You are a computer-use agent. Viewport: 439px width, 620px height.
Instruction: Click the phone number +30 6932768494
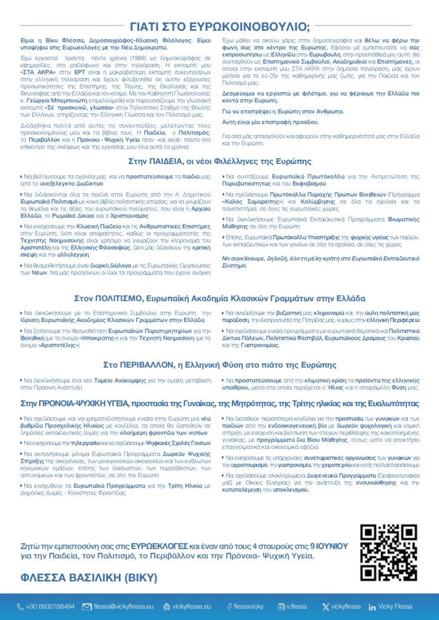(x=50, y=606)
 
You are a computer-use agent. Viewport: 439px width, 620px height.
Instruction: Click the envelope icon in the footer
(x=87, y=606)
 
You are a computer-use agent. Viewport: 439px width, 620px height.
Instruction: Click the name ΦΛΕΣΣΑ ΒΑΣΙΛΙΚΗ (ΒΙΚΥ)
(x=88, y=576)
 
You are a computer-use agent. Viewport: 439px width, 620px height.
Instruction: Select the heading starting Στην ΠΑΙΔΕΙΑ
(x=219, y=162)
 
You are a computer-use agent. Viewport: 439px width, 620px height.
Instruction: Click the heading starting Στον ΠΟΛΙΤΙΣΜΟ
(x=219, y=298)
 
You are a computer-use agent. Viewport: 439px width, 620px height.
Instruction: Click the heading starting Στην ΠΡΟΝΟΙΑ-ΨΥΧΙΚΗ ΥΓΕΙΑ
(x=219, y=402)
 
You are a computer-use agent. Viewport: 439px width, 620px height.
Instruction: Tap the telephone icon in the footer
(x=20, y=606)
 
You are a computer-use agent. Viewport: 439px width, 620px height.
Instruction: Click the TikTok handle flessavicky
(x=248, y=606)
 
